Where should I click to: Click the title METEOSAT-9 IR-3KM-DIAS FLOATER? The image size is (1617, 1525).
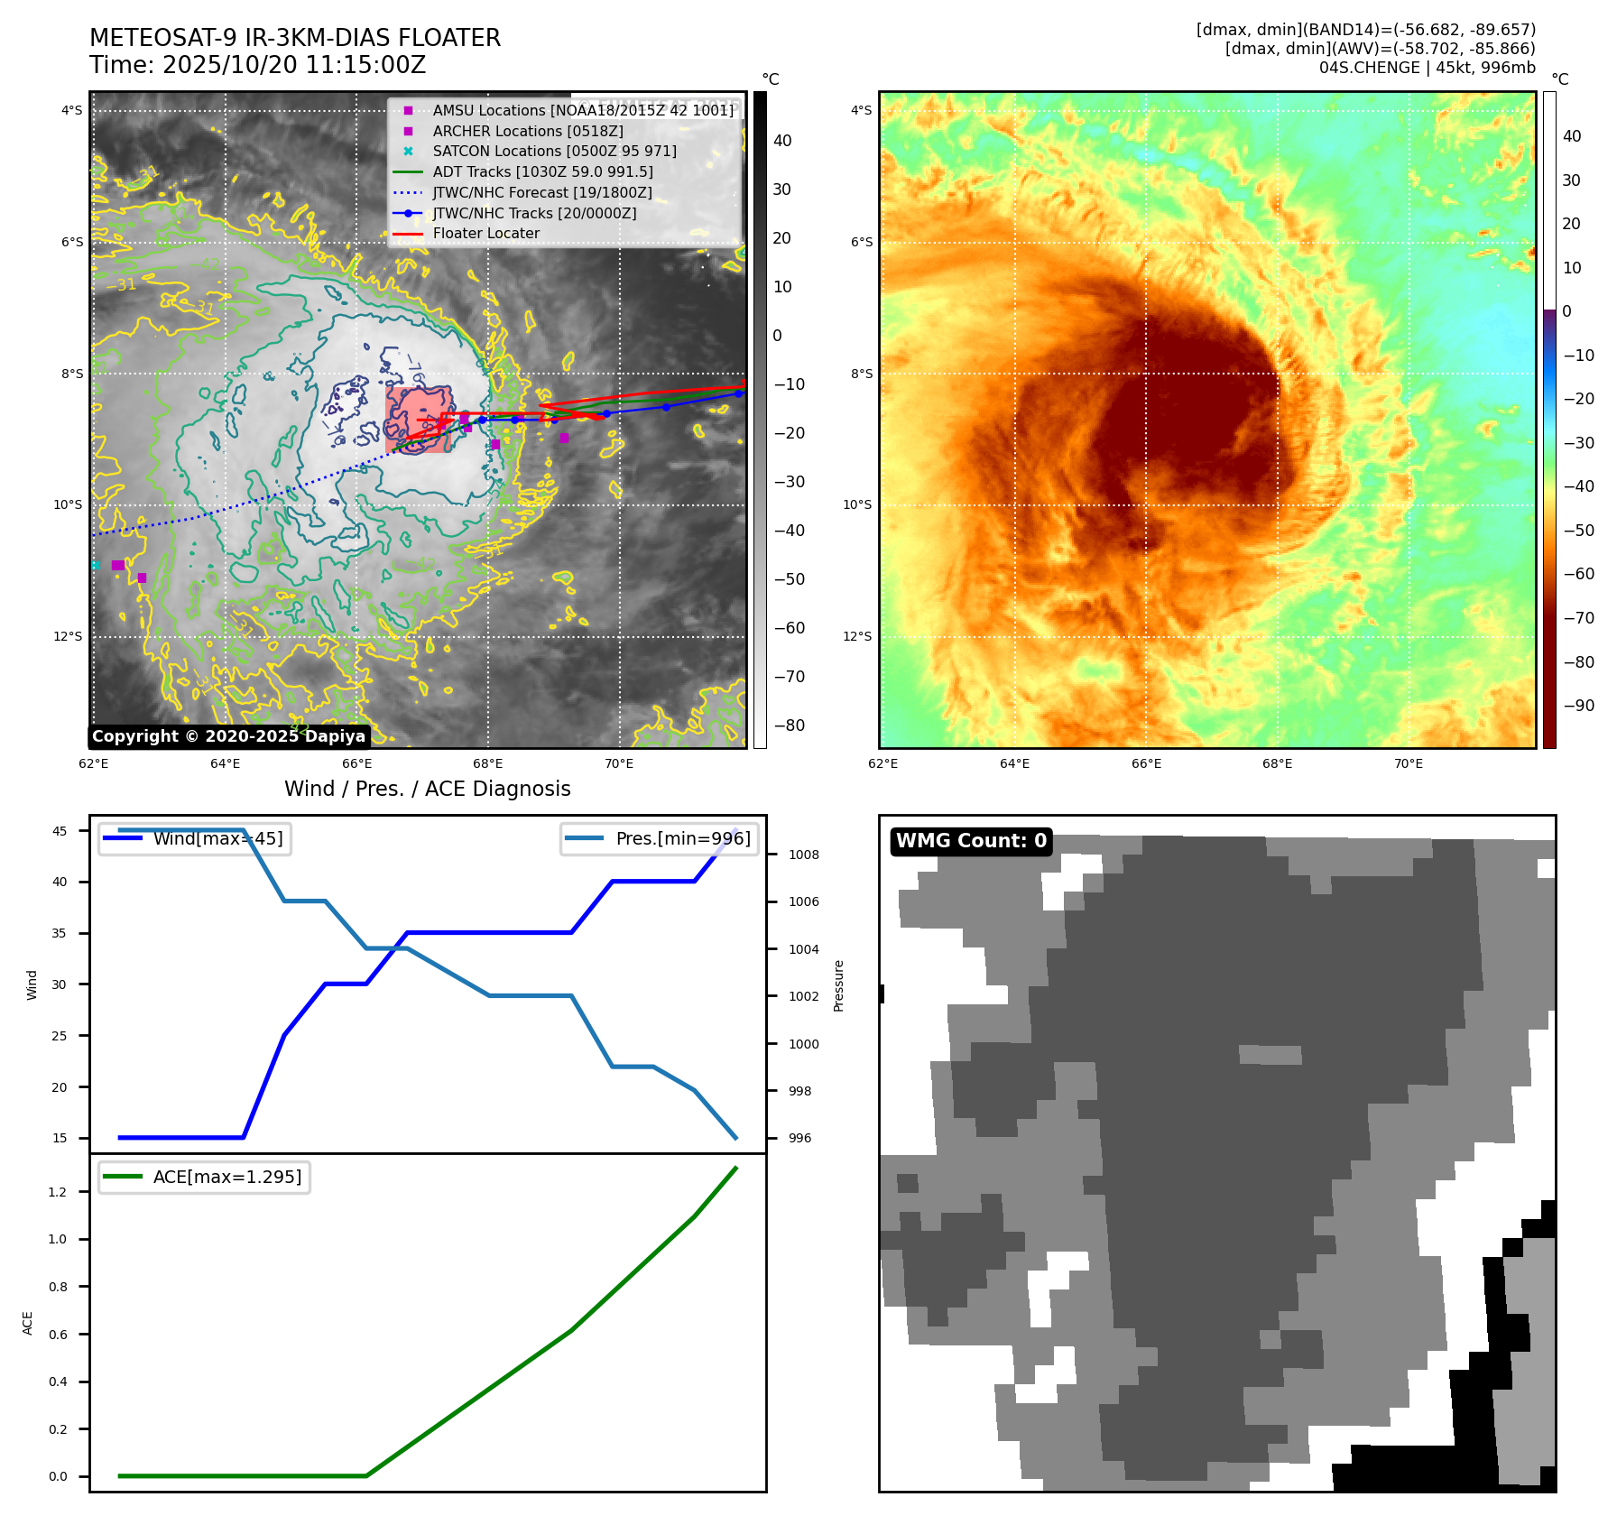click(x=294, y=38)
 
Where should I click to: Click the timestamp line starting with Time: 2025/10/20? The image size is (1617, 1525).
click(x=257, y=65)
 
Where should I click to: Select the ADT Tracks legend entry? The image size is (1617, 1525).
click(x=542, y=171)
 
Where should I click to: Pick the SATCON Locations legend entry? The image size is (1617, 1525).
click(x=554, y=151)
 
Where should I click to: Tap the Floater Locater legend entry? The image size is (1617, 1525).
click(x=485, y=233)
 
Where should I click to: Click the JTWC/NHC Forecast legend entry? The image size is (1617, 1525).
click(x=541, y=192)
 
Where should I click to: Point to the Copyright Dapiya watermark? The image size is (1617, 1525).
click(x=228, y=736)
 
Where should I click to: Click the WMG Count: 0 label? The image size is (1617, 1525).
click(x=971, y=841)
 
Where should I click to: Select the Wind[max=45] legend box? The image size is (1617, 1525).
click(x=195, y=838)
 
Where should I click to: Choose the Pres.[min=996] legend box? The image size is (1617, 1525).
click(x=660, y=838)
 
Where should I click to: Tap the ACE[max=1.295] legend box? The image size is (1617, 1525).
click(x=204, y=1177)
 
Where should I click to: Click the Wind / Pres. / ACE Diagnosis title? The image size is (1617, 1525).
click(x=427, y=789)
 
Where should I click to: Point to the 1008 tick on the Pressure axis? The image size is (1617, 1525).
click(x=803, y=855)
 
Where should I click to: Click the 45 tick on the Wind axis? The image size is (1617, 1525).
click(x=60, y=831)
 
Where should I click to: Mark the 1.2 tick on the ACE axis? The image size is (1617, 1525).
click(x=58, y=1192)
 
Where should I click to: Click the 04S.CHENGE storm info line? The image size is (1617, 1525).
click(x=1427, y=68)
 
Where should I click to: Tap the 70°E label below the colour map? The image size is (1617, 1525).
click(x=1408, y=763)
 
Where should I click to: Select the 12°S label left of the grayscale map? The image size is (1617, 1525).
click(x=68, y=636)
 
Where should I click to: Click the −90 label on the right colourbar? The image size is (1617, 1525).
click(x=1578, y=706)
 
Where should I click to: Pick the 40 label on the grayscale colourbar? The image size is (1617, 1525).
click(x=782, y=141)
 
